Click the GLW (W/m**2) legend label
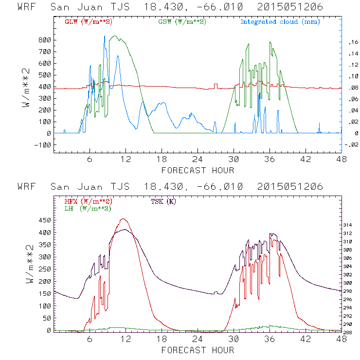[87, 22]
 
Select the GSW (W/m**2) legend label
[181, 22]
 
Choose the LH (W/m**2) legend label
[87, 208]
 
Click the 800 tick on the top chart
[44, 40]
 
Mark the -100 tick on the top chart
[42, 145]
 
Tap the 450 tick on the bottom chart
[44, 220]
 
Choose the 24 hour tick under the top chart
[198, 160]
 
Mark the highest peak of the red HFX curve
[123, 219]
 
